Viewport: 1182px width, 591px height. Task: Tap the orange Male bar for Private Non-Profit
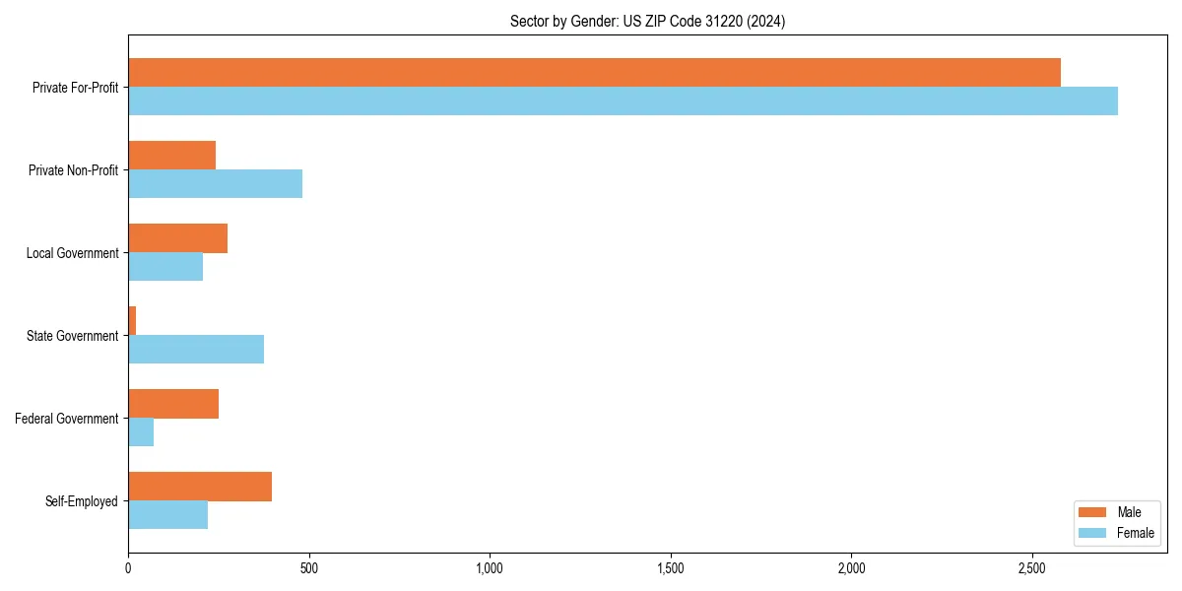coord(172,156)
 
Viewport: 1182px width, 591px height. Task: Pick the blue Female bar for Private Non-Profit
coord(215,184)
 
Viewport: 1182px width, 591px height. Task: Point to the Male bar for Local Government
coord(178,238)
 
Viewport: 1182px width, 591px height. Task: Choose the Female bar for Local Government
coord(165,267)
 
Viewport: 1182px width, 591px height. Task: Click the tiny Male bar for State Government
coord(132,321)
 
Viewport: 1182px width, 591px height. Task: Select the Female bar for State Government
coord(196,350)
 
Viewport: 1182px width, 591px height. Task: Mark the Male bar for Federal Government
coord(173,404)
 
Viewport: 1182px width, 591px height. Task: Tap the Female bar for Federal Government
coord(141,432)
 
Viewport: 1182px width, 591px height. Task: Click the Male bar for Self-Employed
coord(200,487)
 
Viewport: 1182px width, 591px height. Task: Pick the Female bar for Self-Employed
coord(168,515)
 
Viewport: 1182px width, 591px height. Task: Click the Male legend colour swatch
coord(1093,512)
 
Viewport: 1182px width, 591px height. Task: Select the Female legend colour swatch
coord(1093,533)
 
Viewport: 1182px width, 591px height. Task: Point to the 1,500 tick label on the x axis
coord(671,568)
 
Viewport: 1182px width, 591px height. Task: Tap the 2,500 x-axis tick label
coord(1032,568)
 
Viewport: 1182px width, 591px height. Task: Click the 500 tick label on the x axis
coord(308,568)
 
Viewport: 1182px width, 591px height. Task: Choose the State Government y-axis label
coord(72,336)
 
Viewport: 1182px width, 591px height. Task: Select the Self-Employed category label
coord(82,501)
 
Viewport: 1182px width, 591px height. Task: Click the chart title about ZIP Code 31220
coord(647,21)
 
